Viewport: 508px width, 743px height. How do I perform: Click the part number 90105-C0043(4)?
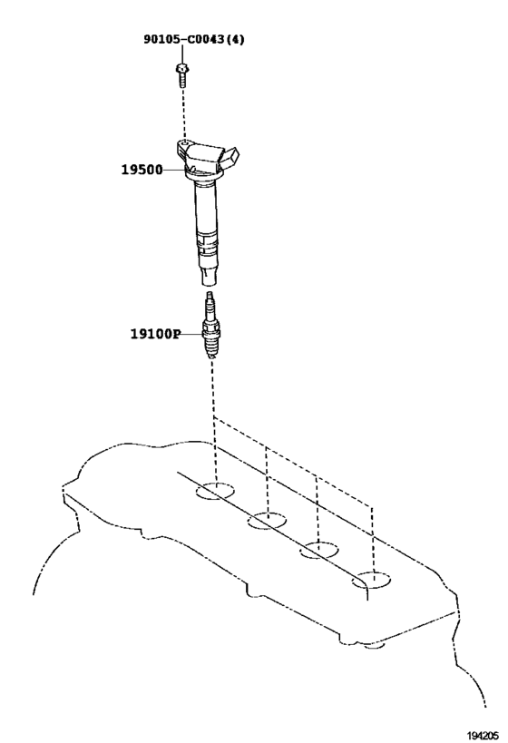(x=194, y=39)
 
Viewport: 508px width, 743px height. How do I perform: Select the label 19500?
(x=142, y=169)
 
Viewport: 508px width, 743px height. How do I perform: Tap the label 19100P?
(x=155, y=334)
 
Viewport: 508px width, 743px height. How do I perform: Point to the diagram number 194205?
(x=483, y=735)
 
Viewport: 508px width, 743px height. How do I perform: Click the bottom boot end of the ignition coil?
(x=209, y=278)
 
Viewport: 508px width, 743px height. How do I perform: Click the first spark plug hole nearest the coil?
(x=215, y=491)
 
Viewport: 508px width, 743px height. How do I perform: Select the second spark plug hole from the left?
(x=267, y=521)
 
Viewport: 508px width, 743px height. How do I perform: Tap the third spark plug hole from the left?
(x=319, y=550)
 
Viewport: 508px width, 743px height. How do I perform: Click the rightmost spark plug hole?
(x=371, y=580)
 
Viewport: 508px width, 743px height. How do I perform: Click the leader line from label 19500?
(x=175, y=169)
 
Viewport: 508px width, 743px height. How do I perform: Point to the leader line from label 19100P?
(x=191, y=334)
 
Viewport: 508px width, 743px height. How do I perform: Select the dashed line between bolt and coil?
(x=183, y=113)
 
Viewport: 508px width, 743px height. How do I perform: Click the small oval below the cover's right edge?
(x=375, y=645)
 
